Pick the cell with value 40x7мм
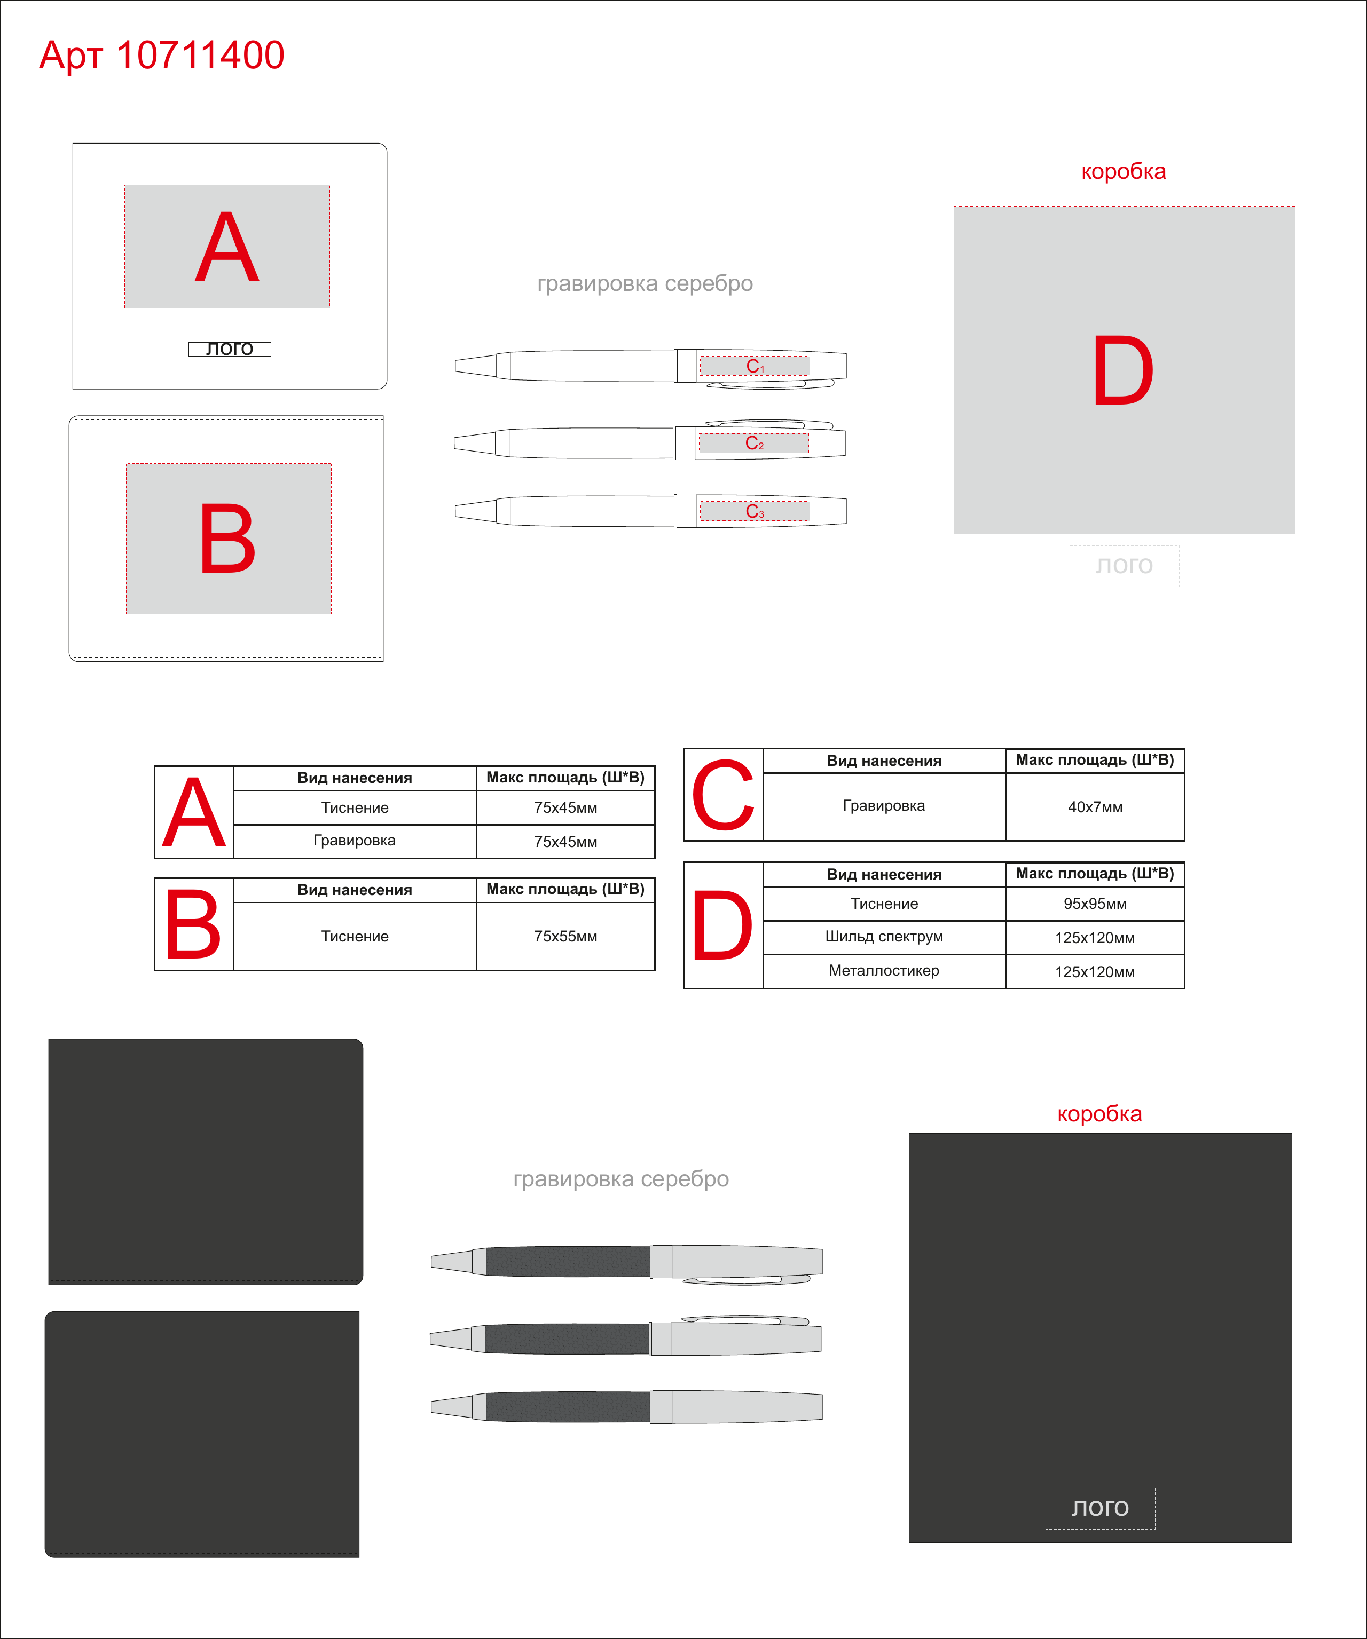(1095, 807)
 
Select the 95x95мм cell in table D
(1095, 904)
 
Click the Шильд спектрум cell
(884, 937)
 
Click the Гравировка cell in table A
(355, 841)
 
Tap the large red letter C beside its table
(723, 795)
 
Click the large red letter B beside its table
(193, 925)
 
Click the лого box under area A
(230, 349)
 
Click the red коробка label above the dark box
(1099, 1113)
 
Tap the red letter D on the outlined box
(1122, 371)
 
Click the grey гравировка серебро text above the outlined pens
(645, 284)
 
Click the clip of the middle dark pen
(745, 1320)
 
